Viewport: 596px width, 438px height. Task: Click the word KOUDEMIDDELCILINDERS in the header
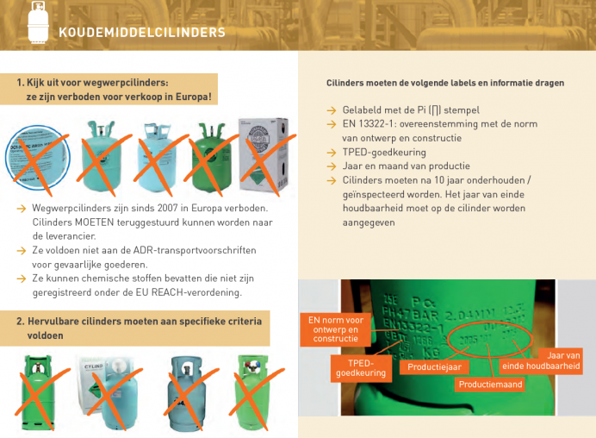coord(142,33)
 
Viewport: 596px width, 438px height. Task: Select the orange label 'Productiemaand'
coord(490,384)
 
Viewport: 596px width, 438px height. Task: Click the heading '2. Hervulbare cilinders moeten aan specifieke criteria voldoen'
coord(138,328)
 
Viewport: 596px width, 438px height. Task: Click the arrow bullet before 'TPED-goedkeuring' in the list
coord(332,151)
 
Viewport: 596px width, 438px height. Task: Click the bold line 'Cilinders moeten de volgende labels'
coord(445,84)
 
